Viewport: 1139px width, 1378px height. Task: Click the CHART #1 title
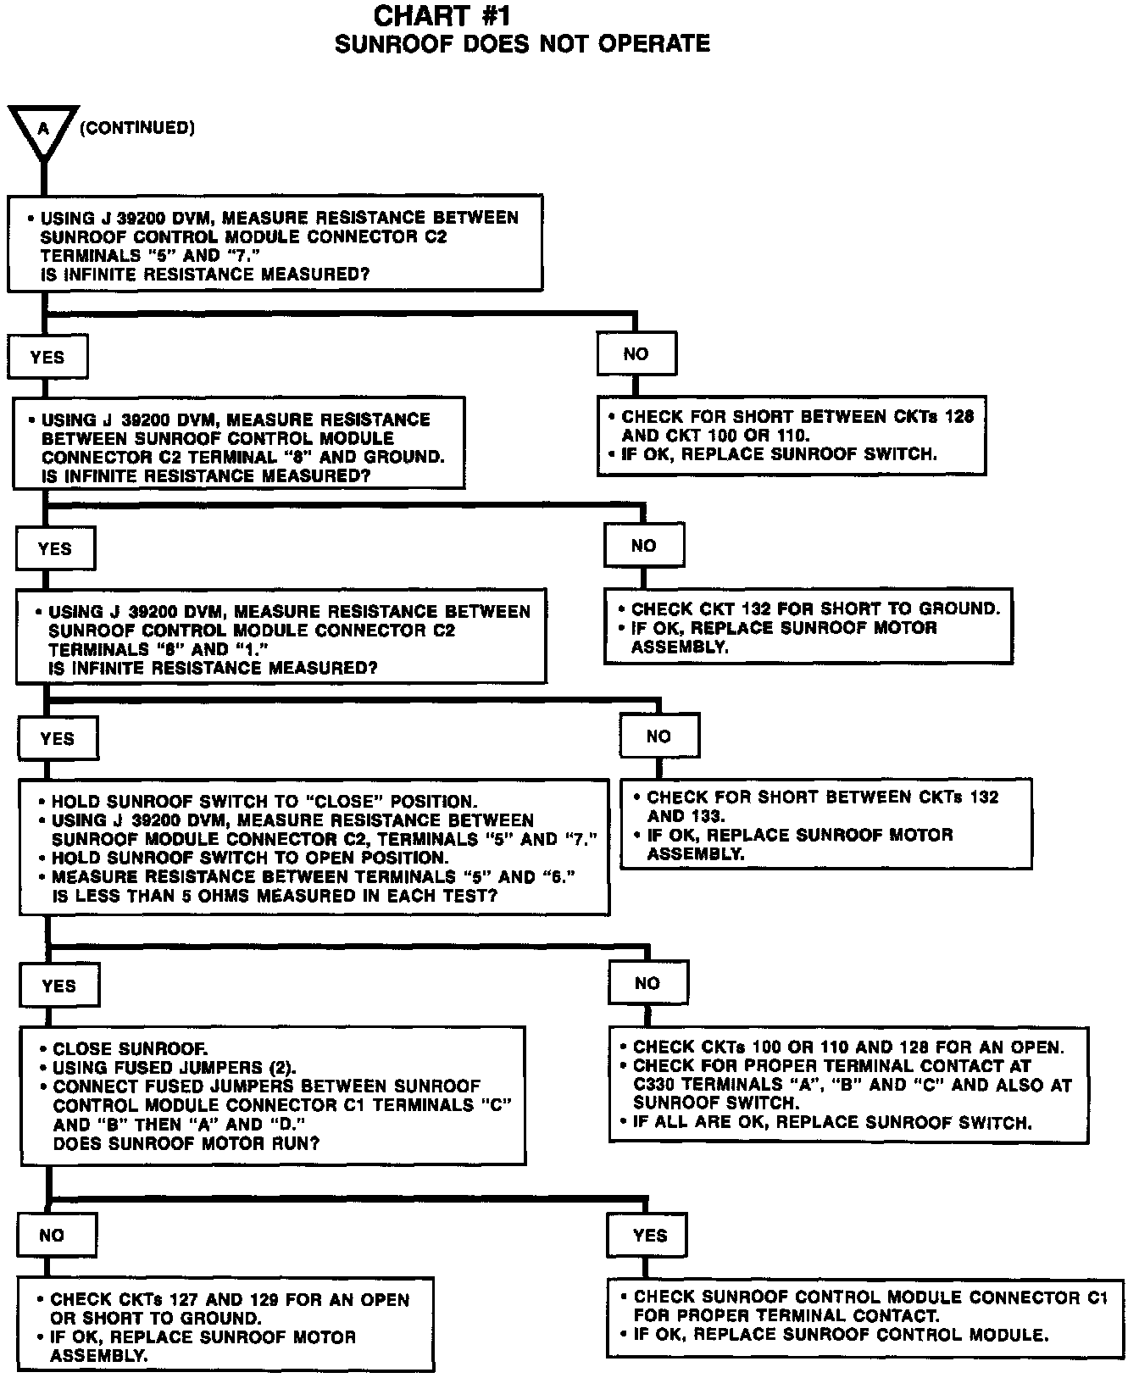(442, 16)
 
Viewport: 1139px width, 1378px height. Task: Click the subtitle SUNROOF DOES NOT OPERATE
(522, 44)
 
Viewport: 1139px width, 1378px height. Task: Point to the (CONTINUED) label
(137, 128)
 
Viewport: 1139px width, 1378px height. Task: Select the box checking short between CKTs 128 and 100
(792, 435)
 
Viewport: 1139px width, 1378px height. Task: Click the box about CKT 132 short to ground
(808, 626)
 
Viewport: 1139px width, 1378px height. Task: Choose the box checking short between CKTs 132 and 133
(826, 825)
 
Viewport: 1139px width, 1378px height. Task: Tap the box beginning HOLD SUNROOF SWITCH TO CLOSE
(314, 847)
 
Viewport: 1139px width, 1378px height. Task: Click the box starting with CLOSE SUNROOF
(273, 1096)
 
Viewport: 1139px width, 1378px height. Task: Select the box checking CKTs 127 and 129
(226, 1325)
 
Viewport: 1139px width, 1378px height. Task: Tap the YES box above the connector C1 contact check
(647, 1236)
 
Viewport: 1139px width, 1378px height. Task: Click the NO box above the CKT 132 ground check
(644, 546)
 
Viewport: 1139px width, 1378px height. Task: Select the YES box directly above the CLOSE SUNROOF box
(58, 986)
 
